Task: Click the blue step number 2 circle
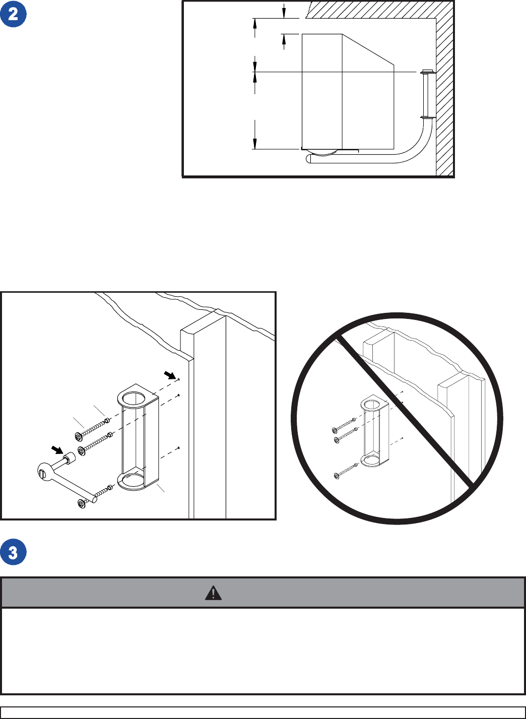coord(13,14)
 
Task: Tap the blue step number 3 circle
coord(13,552)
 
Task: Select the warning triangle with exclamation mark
coord(213,593)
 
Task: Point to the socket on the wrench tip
coord(69,460)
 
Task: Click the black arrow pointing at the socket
coord(59,448)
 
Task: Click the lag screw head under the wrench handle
coord(81,503)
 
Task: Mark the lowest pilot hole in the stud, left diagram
coord(179,447)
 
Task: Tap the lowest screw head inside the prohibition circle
coord(336,476)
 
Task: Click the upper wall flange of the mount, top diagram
coord(427,72)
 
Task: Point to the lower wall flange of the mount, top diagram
coord(427,117)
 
